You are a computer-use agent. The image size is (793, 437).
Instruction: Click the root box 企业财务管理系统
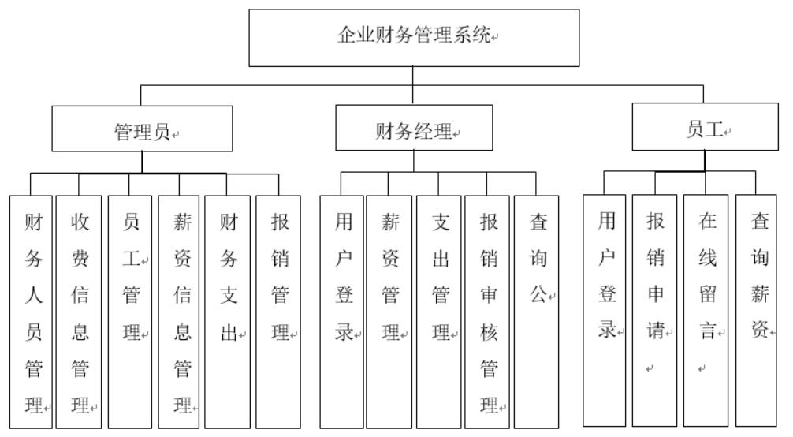click(414, 37)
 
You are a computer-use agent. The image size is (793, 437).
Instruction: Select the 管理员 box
click(142, 129)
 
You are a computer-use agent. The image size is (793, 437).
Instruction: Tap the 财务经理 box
click(413, 129)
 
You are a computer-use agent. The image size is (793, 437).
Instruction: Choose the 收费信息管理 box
click(79, 312)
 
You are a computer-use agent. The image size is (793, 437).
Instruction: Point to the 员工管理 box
click(130, 312)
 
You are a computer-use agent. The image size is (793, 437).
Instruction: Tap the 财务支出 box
click(228, 312)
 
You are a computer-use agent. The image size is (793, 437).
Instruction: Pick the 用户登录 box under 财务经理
click(341, 312)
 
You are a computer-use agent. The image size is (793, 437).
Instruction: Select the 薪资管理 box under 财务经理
click(389, 312)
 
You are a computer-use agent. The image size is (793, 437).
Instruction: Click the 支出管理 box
click(439, 312)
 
